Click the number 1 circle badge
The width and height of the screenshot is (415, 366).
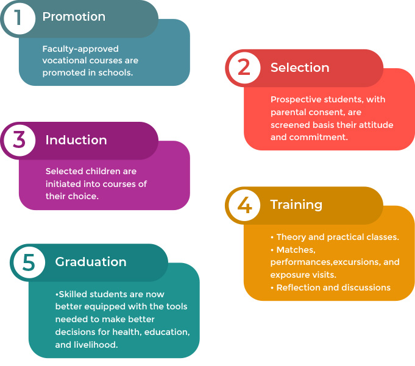[x=19, y=18]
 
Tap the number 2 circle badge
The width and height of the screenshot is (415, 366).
[x=244, y=68]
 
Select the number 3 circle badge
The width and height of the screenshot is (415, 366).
[x=19, y=141]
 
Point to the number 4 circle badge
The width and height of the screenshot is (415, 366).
[x=244, y=205]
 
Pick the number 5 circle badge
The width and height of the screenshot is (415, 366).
[x=29, y=262]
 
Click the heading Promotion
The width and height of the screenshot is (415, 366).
[x=74, y=17]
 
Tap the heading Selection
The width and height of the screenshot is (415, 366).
[x=300, y=68]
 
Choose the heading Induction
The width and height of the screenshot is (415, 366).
[x=76, y=140]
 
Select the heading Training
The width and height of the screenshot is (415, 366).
[x=296, y=205]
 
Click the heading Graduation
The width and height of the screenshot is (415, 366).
[x=91, y=262]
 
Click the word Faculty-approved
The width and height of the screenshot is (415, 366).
[x=80, y=49]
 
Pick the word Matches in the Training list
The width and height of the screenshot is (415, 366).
[x=296, y=250]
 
